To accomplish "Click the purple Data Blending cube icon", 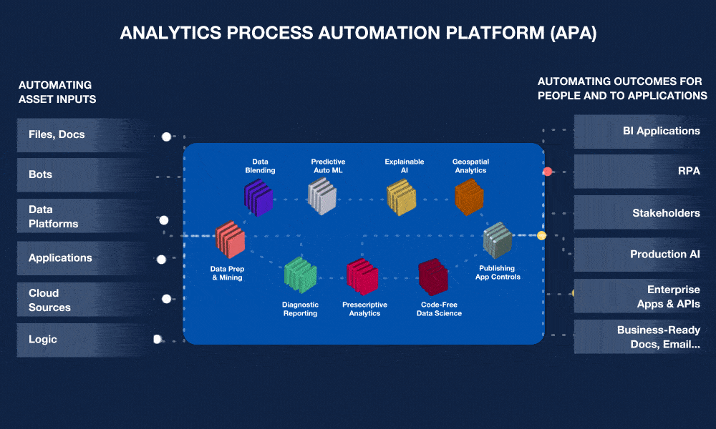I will (x=258, y=197).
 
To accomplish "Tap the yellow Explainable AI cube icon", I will (x=401, y=197).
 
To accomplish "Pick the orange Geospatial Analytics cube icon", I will (x=470, y=197).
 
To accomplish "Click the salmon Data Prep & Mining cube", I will (x=231, y=240).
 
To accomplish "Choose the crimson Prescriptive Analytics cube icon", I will (x=362, y=277).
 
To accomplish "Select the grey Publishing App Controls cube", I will (x=497, y=241).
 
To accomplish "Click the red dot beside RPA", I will (x=548, y=172).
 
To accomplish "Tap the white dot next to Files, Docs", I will (x=167, y=136).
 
